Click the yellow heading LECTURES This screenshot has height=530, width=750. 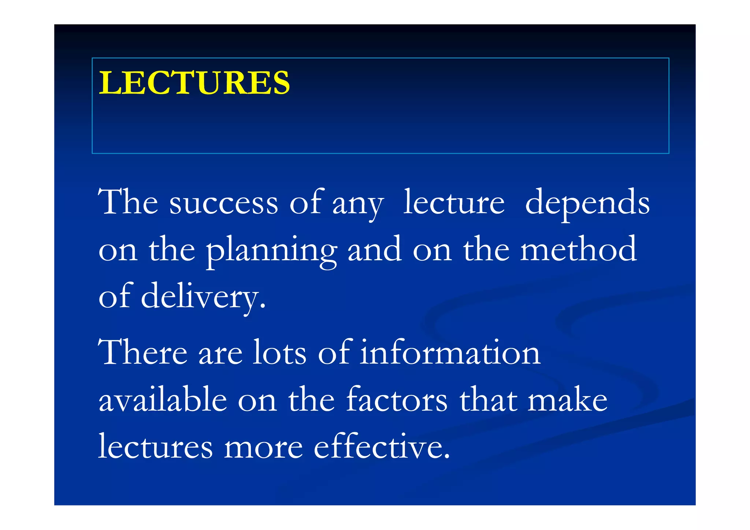pyautogui.click(x=194, y=83)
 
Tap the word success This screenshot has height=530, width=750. pyautogui.click(x=223, y=203)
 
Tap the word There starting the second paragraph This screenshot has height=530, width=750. pyautogui.click(x=143, y=352)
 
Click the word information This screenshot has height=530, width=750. pyautogui.click(x=450, y=352)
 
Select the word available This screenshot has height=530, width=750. pyautogui.click(x=163, y=400)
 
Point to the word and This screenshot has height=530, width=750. pyautogui.click(x=374, y=250)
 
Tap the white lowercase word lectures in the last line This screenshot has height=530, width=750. pyautogui.click(x=155, y=447)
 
